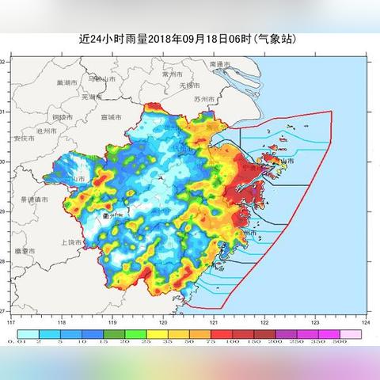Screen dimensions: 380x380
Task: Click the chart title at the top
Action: tap(190, 38)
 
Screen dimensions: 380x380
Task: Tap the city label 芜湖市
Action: tap(92, 97)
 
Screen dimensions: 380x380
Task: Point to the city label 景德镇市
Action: tap(35, 199)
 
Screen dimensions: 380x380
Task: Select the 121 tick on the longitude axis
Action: tap(214, 323)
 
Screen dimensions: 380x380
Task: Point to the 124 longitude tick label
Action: tap(365, 323)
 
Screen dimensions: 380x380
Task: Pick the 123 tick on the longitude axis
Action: tap(315, 323)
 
